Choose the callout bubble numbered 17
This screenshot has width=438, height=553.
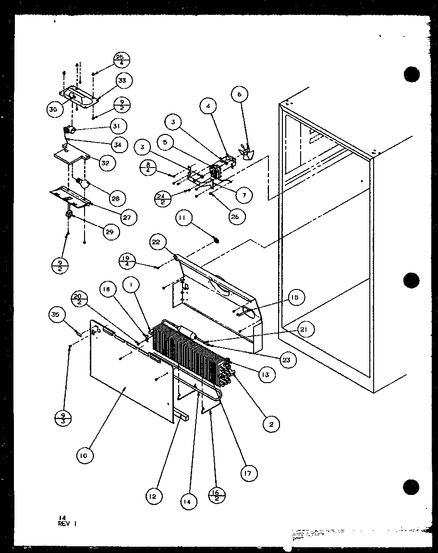[x=248, y=473]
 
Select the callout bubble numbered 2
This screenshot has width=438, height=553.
[x=271, y=424]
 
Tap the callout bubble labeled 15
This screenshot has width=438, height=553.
[x=295, y=298]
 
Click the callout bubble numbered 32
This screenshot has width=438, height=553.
[x=105, y=162]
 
